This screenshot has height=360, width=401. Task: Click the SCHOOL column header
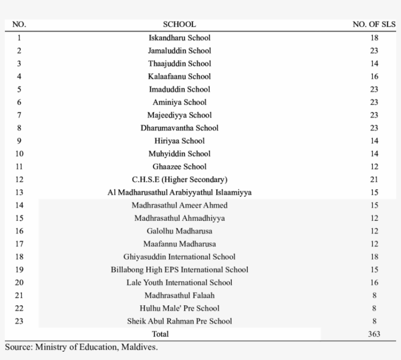point(179,24)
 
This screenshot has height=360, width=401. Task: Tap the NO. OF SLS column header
point(374,24)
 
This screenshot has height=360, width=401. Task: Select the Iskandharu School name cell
point(179,38)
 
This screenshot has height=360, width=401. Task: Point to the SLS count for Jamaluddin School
point(374,51)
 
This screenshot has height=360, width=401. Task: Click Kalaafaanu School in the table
point(179,76)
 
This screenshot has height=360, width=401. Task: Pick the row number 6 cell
point(19,102)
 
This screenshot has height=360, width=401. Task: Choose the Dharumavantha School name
point(179,128)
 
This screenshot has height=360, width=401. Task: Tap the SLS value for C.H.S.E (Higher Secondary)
point(374,179)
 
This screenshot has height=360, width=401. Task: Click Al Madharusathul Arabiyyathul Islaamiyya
point(179,192)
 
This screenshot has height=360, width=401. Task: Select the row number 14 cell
point(19,205)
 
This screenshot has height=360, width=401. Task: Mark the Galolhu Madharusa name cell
point(179,231)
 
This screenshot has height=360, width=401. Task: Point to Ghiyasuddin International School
point(179,257)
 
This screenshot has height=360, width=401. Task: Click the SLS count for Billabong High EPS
point(374,270)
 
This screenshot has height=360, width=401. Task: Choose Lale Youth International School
point(179,282)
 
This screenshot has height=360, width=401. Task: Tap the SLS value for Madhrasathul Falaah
point(374,296)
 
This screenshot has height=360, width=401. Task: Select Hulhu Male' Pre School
point(179,308)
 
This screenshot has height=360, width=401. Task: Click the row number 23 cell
point(19,321)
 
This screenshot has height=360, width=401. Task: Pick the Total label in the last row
point(160,334)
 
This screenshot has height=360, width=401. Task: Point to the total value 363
point(374,334)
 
